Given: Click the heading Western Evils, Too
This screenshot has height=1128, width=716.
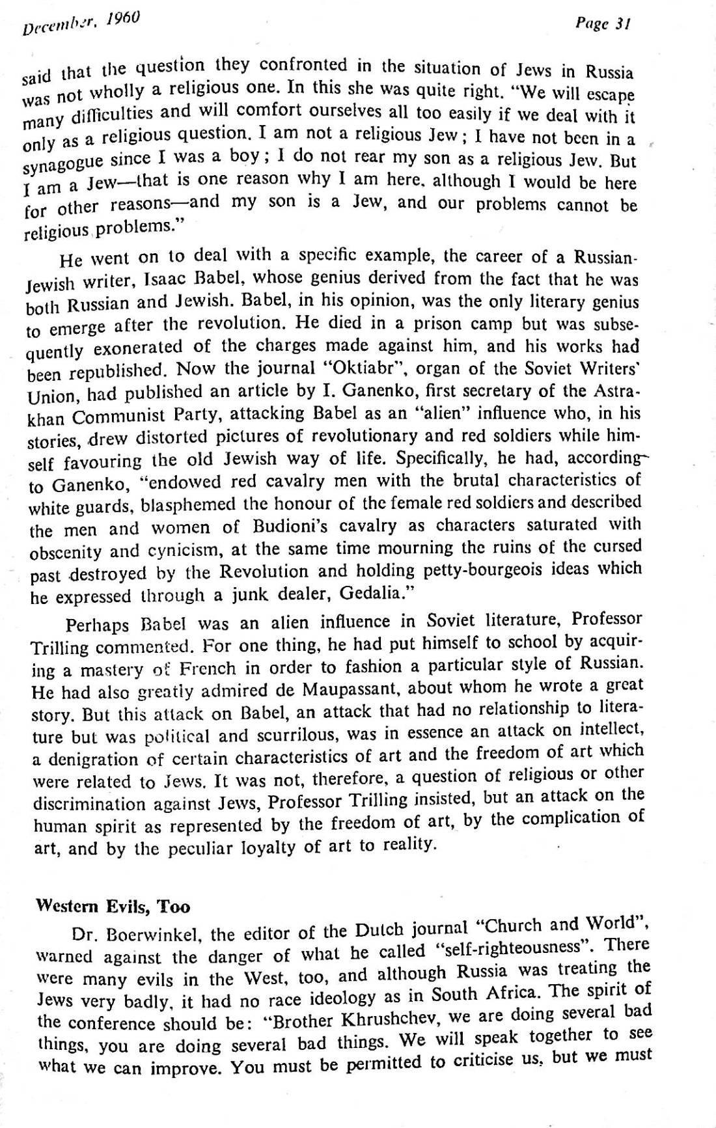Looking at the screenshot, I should point(113,905).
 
